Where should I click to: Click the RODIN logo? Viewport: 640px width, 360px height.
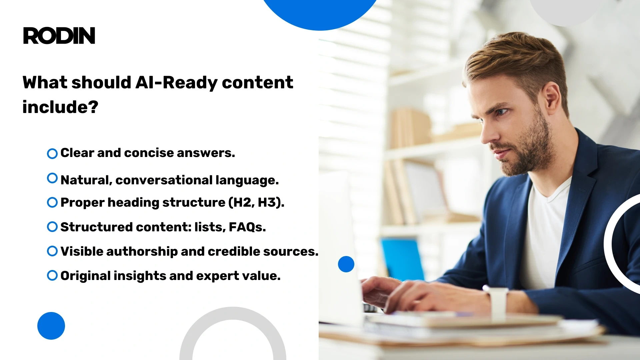coord(59,36)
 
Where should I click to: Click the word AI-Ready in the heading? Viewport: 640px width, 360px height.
coord(176,83)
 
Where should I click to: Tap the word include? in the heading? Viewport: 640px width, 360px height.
coord(60,107)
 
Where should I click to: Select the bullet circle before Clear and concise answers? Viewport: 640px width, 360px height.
coord(52,154)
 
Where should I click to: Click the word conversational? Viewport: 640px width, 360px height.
coord(164,180)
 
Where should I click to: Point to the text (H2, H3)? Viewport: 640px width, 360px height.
coord(256,203)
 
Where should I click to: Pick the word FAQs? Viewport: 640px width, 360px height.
coord(247,227)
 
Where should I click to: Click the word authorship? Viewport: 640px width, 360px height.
coord(142,252)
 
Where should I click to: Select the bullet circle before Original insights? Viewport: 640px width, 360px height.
coord(52,276)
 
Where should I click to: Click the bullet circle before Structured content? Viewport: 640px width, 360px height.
coord(52,227)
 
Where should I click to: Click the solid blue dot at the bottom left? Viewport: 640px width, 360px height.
coord(51,326)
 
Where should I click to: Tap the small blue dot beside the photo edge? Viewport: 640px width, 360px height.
coord(346,264)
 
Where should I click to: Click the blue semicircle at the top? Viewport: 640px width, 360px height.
coord(320,13)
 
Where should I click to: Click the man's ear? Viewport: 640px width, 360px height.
coord(552,97)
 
